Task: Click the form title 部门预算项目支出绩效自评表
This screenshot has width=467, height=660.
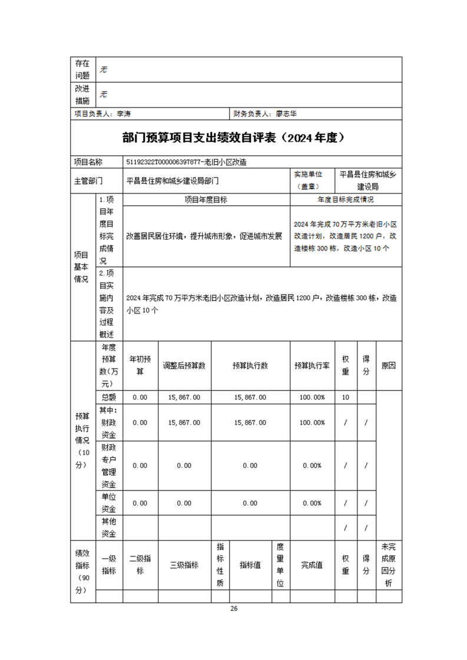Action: point(233,138)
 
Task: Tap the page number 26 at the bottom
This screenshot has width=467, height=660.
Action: point(234,608)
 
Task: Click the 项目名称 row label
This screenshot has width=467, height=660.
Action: point(88,162)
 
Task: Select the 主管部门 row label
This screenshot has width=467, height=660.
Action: point(88,181)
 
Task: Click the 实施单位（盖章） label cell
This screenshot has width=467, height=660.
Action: point(312,181)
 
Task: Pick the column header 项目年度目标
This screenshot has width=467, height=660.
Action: point(206,200)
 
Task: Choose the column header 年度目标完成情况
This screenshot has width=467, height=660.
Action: point(346,200)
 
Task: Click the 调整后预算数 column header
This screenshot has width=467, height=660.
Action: point(184,365)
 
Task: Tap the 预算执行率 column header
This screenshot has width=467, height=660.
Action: point(312,365)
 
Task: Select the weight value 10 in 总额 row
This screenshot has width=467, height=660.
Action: point(346,398)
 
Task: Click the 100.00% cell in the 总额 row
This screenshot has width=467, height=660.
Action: point(312,398)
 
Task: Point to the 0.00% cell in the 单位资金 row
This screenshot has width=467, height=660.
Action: point(312,504)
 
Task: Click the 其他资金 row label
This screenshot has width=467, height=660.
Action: point(109,528)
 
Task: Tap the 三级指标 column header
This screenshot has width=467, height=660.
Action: point(184,565)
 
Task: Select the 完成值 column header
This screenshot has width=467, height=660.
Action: point(312,565)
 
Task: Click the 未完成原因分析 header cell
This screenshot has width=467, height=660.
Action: point(389,565)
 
